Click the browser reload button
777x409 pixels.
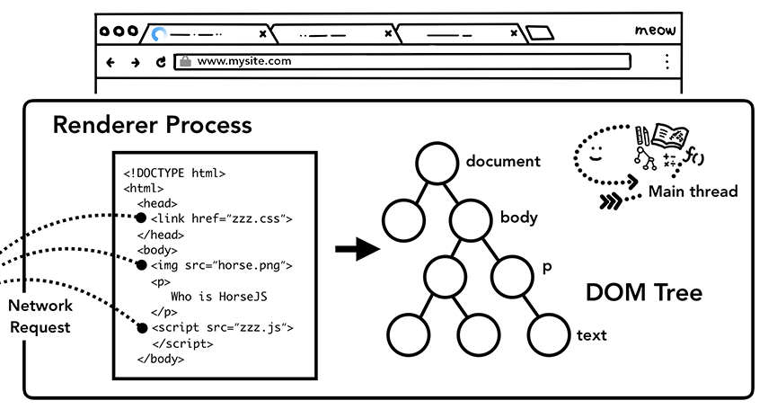(161, 62)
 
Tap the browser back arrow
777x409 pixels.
(111, 62)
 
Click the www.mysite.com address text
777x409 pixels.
(243, 61)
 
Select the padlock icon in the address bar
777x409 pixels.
(185, 62)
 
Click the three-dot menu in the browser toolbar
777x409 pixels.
(667, 62)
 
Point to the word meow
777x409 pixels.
(655, 31)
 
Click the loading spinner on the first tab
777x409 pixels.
(160, 34)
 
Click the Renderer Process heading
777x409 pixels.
(153, 125)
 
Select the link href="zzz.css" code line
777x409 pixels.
(221, 218)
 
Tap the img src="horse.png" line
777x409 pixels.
(221, 265)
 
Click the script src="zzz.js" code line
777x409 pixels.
(221, 327)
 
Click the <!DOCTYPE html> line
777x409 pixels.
(174, 173)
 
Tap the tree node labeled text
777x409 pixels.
(550, 334)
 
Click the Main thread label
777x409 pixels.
(693, 191)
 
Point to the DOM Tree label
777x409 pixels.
(644, 292)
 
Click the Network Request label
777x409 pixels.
(40, 316)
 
